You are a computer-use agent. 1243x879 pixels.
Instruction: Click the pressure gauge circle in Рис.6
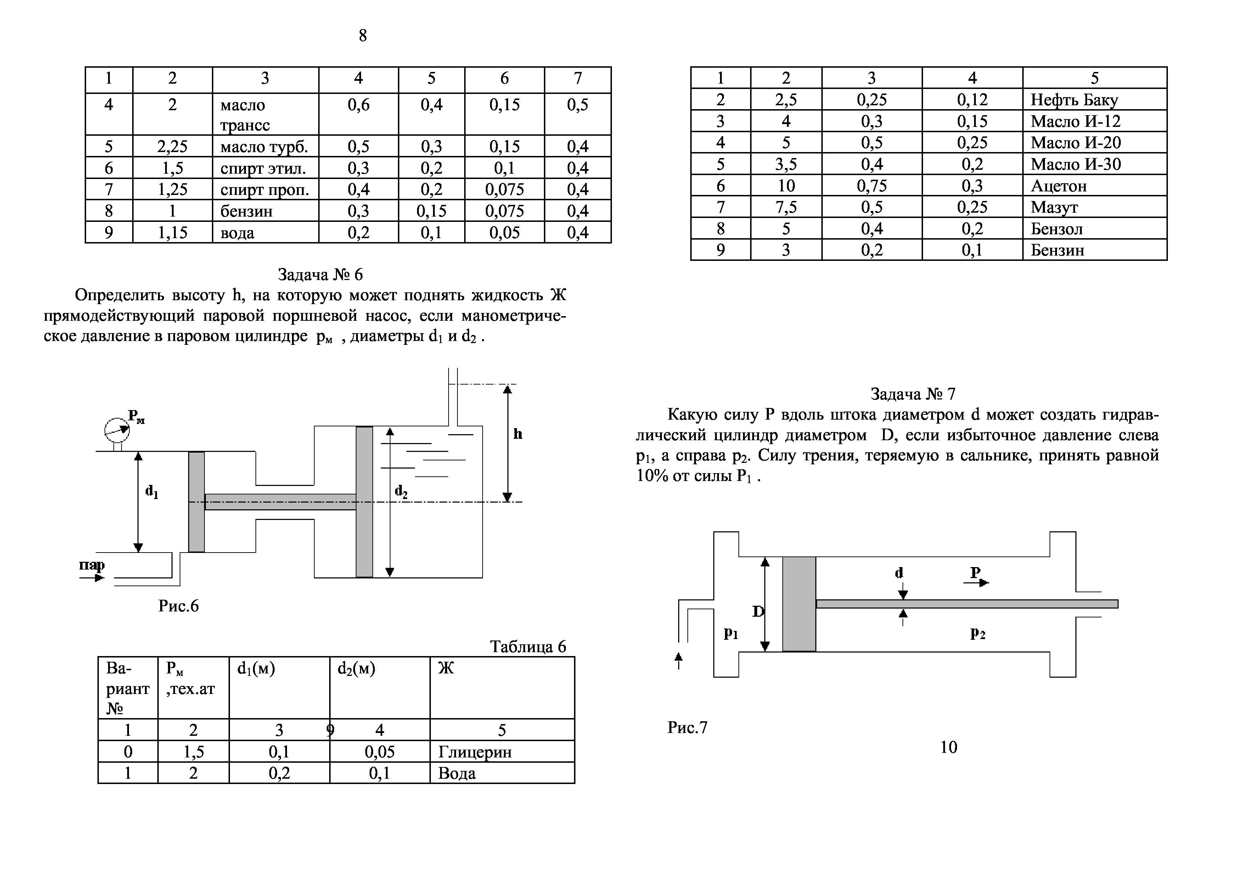pos(116,430)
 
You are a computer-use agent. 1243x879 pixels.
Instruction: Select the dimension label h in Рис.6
pos(518,434)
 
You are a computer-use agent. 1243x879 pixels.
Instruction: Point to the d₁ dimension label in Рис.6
pos(152,492)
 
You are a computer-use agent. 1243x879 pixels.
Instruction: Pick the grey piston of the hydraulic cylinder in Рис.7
pos(799,604)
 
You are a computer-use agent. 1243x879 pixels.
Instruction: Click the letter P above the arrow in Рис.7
pos(975,572)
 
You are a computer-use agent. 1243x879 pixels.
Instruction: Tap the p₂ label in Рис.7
pos(977,633)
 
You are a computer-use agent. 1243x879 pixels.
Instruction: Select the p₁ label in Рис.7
pos(731,633)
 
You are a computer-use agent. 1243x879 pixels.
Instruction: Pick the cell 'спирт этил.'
pos(263,168)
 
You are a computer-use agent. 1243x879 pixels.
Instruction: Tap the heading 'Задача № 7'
pos(913,394)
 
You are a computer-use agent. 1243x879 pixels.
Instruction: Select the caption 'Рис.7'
pos(687,727)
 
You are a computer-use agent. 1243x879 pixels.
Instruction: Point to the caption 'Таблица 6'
pos(528,646)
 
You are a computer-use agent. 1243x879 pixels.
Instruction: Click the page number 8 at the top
pos(363,36)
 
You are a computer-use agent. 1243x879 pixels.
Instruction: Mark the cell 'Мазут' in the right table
pos(1054,207)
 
